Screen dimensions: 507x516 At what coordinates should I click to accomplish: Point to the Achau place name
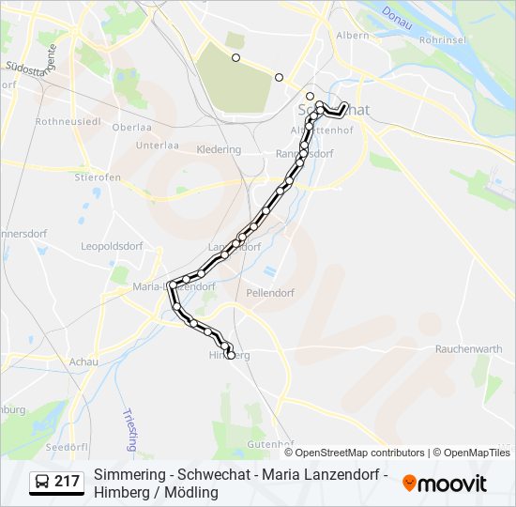(x=83, y=361)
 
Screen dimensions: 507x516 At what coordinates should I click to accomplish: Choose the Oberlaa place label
(x=131, y=127)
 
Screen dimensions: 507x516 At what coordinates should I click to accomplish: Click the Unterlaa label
(x=157, y=146)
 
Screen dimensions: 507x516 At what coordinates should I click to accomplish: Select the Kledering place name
(x=219, y=149)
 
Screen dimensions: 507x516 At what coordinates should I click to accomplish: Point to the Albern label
(x=353, y=36)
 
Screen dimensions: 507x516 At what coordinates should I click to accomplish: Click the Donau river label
(x=397, y=18)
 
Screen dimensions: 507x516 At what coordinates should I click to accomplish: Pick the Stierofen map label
(x=97, y=176)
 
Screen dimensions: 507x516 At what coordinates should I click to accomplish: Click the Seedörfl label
(x=66, y=446)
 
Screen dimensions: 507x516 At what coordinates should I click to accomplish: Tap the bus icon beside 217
(x=41, y=483)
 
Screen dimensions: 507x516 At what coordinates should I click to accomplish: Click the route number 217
(x=68, y=483)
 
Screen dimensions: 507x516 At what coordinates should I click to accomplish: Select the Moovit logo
(x=445, y=484)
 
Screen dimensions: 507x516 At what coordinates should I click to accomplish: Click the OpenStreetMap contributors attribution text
(x=359, y=453)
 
